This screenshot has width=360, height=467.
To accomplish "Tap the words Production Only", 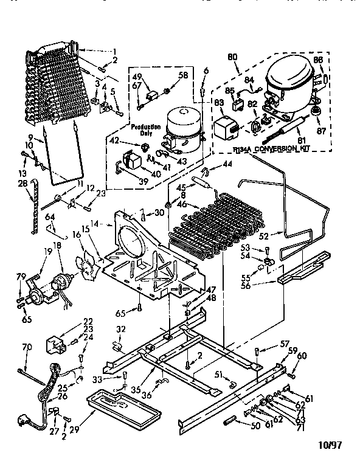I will [144, 130].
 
